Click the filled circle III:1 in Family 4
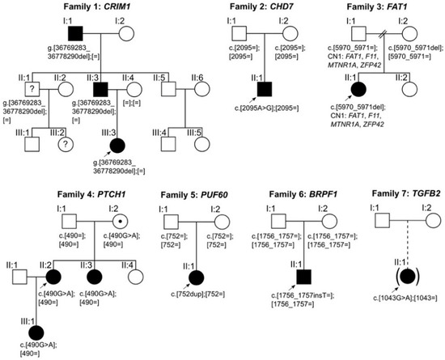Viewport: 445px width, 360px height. click(x=34, y=332)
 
